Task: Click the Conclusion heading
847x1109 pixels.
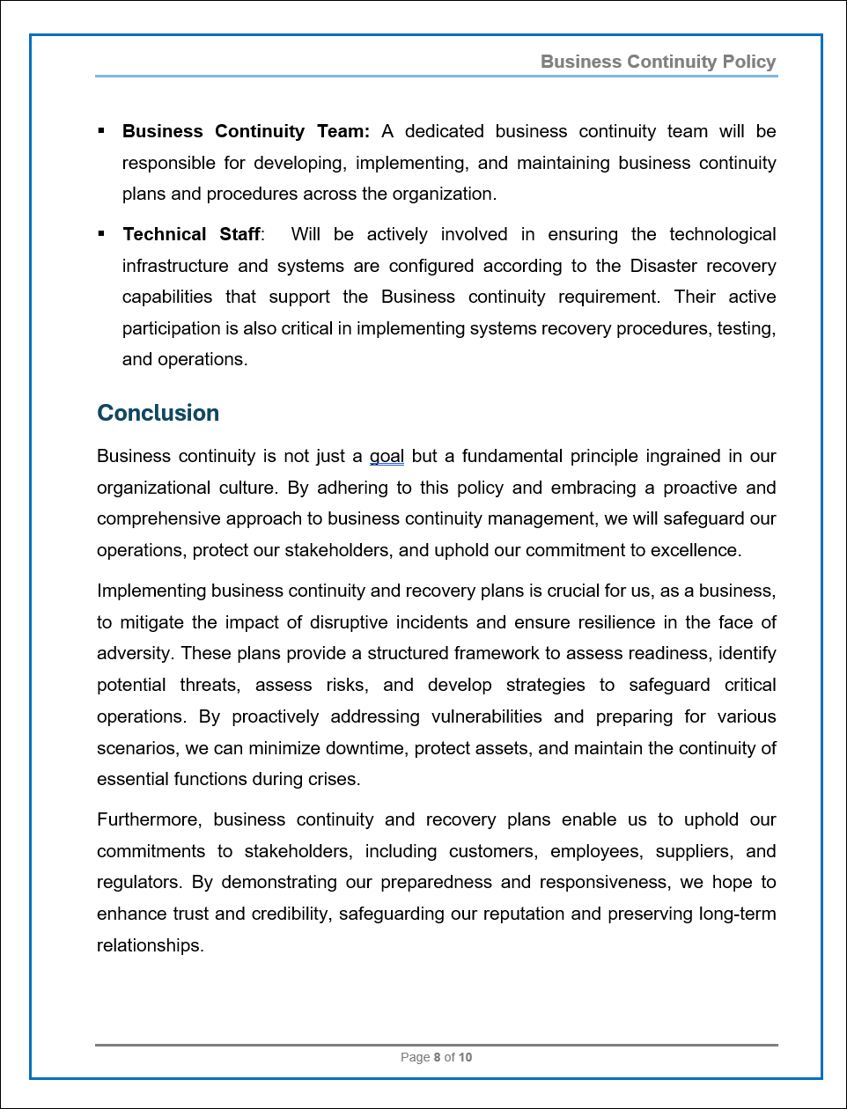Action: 158,413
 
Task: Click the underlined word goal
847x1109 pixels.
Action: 387,456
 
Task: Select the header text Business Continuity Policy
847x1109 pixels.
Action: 658,62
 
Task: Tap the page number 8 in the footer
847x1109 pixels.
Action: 437,1057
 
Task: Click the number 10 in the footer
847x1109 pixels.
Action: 465,1057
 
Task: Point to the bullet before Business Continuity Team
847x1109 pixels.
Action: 101,131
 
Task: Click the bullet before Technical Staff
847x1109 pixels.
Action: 101,233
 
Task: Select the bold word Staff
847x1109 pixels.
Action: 239,234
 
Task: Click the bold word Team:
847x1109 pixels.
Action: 343,131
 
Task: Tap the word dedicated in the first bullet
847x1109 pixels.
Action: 444,131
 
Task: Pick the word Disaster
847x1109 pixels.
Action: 667,266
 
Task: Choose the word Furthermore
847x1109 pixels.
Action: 149,819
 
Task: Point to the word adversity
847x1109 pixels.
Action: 136,653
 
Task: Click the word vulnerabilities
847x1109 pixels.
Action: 486,716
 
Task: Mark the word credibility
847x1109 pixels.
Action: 291,914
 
